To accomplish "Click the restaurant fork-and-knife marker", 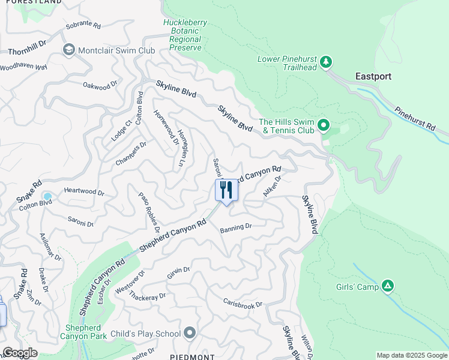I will (226, 190).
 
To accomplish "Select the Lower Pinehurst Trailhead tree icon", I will (325, 62).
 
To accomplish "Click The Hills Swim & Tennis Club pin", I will (324, 125).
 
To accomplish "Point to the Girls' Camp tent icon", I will (388, 287).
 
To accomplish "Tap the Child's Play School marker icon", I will (190, 333).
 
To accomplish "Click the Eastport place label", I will (373, 77).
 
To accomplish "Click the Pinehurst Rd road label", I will (415, 119).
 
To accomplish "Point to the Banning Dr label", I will (235, 227).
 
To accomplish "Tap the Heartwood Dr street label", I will (84, 194).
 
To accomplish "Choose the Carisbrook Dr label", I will (243, 304).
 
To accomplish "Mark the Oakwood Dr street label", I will (100, 87).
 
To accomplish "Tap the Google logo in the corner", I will (20, 353).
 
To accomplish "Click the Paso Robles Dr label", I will (149, 212).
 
